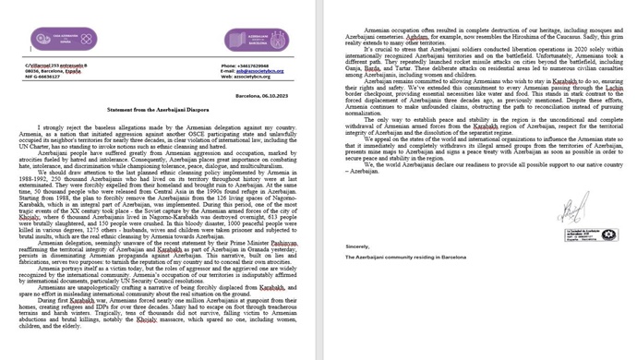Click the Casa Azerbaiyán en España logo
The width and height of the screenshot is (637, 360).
click(64, 39)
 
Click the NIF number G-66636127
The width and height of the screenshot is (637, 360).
click(42, 77)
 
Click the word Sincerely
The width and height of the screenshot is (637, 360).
click(357, 246)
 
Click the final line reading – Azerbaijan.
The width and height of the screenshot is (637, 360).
click(362, 171)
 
